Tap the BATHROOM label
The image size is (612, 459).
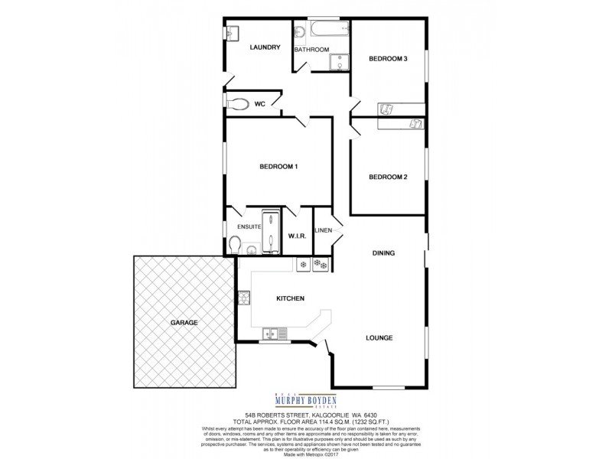(x=312, y=50)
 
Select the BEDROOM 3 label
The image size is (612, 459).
(x=388, y=59)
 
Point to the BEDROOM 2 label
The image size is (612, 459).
(x=388, y=177)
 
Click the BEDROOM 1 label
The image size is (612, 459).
(x=278, y=167)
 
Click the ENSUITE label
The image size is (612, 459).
(x=249, y=227)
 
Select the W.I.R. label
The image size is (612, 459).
(x=298, y=236)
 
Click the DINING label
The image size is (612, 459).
(x=383, y=253)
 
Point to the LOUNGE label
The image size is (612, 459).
(x=379, y=337)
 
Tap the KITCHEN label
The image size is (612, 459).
(x=291, y=298)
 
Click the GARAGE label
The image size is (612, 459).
(x=184, y=323)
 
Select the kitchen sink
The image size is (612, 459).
(x=273, y=334)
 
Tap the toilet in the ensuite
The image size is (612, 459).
(x=235, y=245)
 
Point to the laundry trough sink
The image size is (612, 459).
(x=233, y=33)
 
